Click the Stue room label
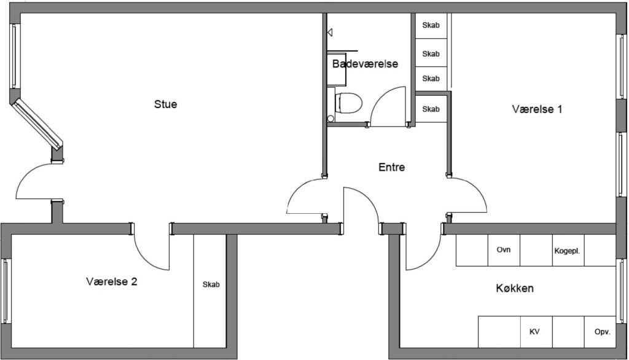pos(165,104)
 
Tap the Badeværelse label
pos(365,64)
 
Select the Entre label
pos(391,167)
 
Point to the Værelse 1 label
pos(537,109)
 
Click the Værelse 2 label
pos(112,282)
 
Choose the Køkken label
pos(515,288)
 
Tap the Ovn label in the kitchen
pos(504,249)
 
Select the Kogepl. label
pos(567,251)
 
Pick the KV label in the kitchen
pos(534,332)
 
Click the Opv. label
pos(602,332)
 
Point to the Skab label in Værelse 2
pos(211,284)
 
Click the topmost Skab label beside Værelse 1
pos(431,25)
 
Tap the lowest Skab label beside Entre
pos(431,109)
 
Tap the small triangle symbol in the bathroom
pos(330,33)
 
